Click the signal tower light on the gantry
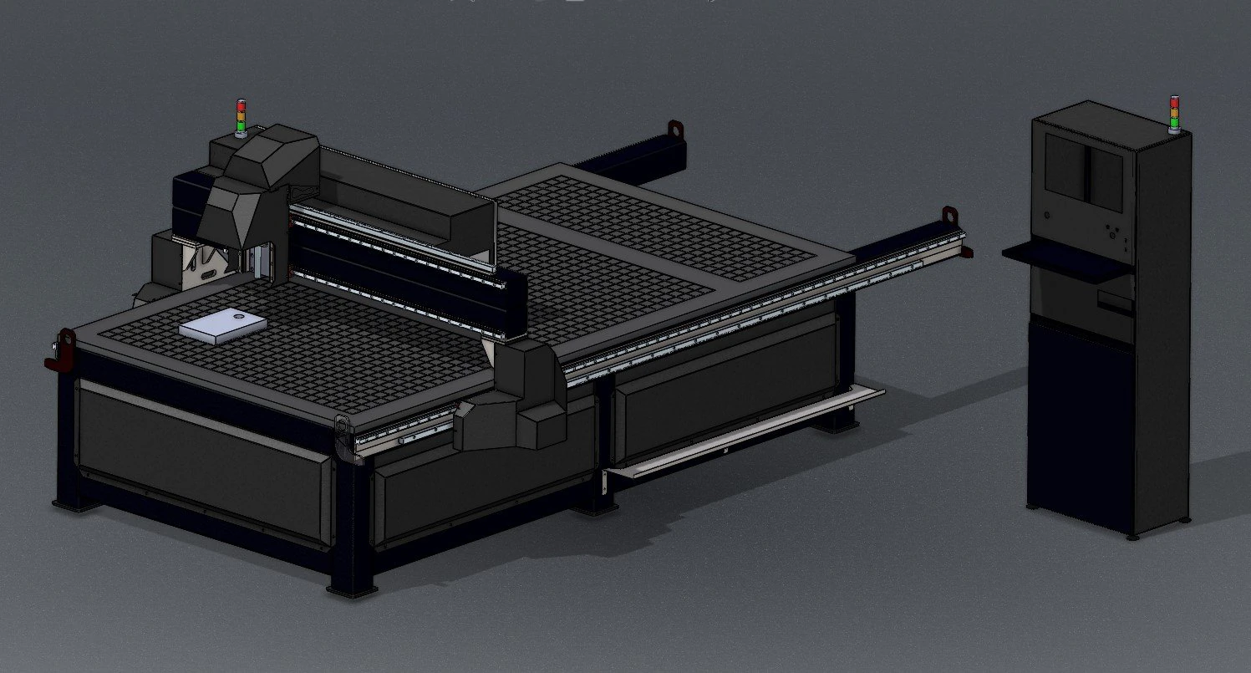tap(242, 117)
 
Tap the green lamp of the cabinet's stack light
tap(1174, 122)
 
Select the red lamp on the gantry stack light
tap(242, 105)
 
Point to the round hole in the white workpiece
tap(241, 318)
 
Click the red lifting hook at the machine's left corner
tap(59, 351)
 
